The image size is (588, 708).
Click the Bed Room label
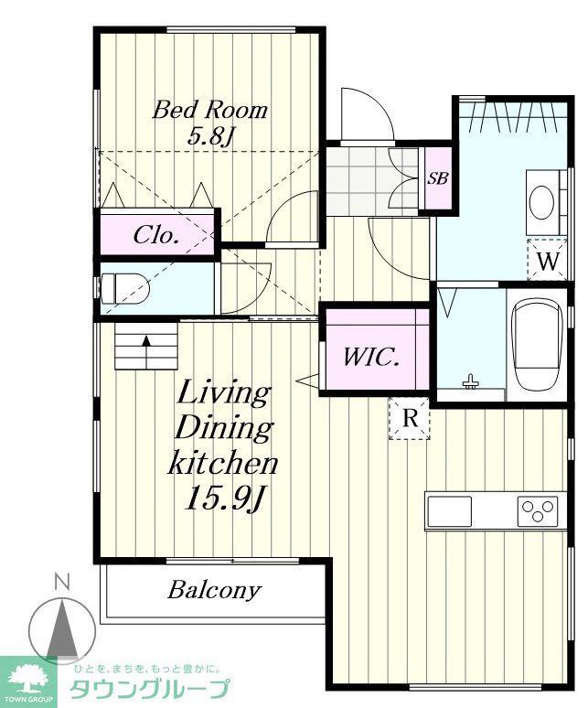(209, 110)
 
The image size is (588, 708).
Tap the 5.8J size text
(209, 135)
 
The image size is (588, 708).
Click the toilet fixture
(125, 289)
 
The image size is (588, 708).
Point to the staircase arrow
(146, 352)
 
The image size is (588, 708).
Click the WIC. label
(371, 357)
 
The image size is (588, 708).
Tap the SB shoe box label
(438, 178)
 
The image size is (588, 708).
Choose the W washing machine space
(548, 261)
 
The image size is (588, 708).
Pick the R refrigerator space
(410, 418)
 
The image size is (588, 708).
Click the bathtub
(537, 345)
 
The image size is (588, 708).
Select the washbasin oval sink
(541, 203)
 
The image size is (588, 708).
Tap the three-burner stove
(538, 511)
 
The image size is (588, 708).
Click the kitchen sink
(450, 511)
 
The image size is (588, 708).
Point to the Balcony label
(214, 590)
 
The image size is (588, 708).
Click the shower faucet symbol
(471, 381)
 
